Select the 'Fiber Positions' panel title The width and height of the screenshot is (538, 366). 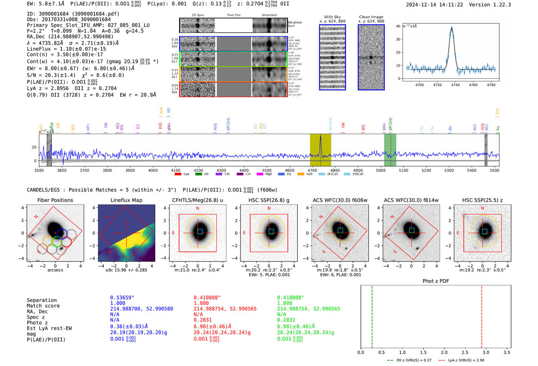pyautogui.click(x=55, y=200)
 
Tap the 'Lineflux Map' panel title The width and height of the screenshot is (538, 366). pyautogui.click(x=126, y=200)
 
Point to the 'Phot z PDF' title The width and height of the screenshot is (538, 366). pyautogui.click(x=436, y=281)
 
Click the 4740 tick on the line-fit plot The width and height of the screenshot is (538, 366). pyautogui.click(x=455, y=85)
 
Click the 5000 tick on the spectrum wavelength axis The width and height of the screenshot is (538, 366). pyautogui.click(x=380, y=170)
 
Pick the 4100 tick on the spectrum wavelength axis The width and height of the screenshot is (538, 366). pyautogui.click(x=176, y=170)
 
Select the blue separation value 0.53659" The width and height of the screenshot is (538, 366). pyautogui.click(x=122, y=298)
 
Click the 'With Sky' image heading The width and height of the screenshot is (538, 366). pyautogui.click(x=332, y=17)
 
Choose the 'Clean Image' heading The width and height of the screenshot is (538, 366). pyautogui.click(x=371, y=17)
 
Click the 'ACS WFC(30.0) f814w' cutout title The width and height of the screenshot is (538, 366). pyautogui.click(x=411, y=200)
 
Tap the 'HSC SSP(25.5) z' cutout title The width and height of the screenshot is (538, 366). pyautogui.click(x=482, y=200)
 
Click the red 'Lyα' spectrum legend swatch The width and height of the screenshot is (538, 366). pyautogui.click(x=178, y=174)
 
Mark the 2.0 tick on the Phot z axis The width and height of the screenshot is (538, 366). pyautogui.click(x=444, y=352)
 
